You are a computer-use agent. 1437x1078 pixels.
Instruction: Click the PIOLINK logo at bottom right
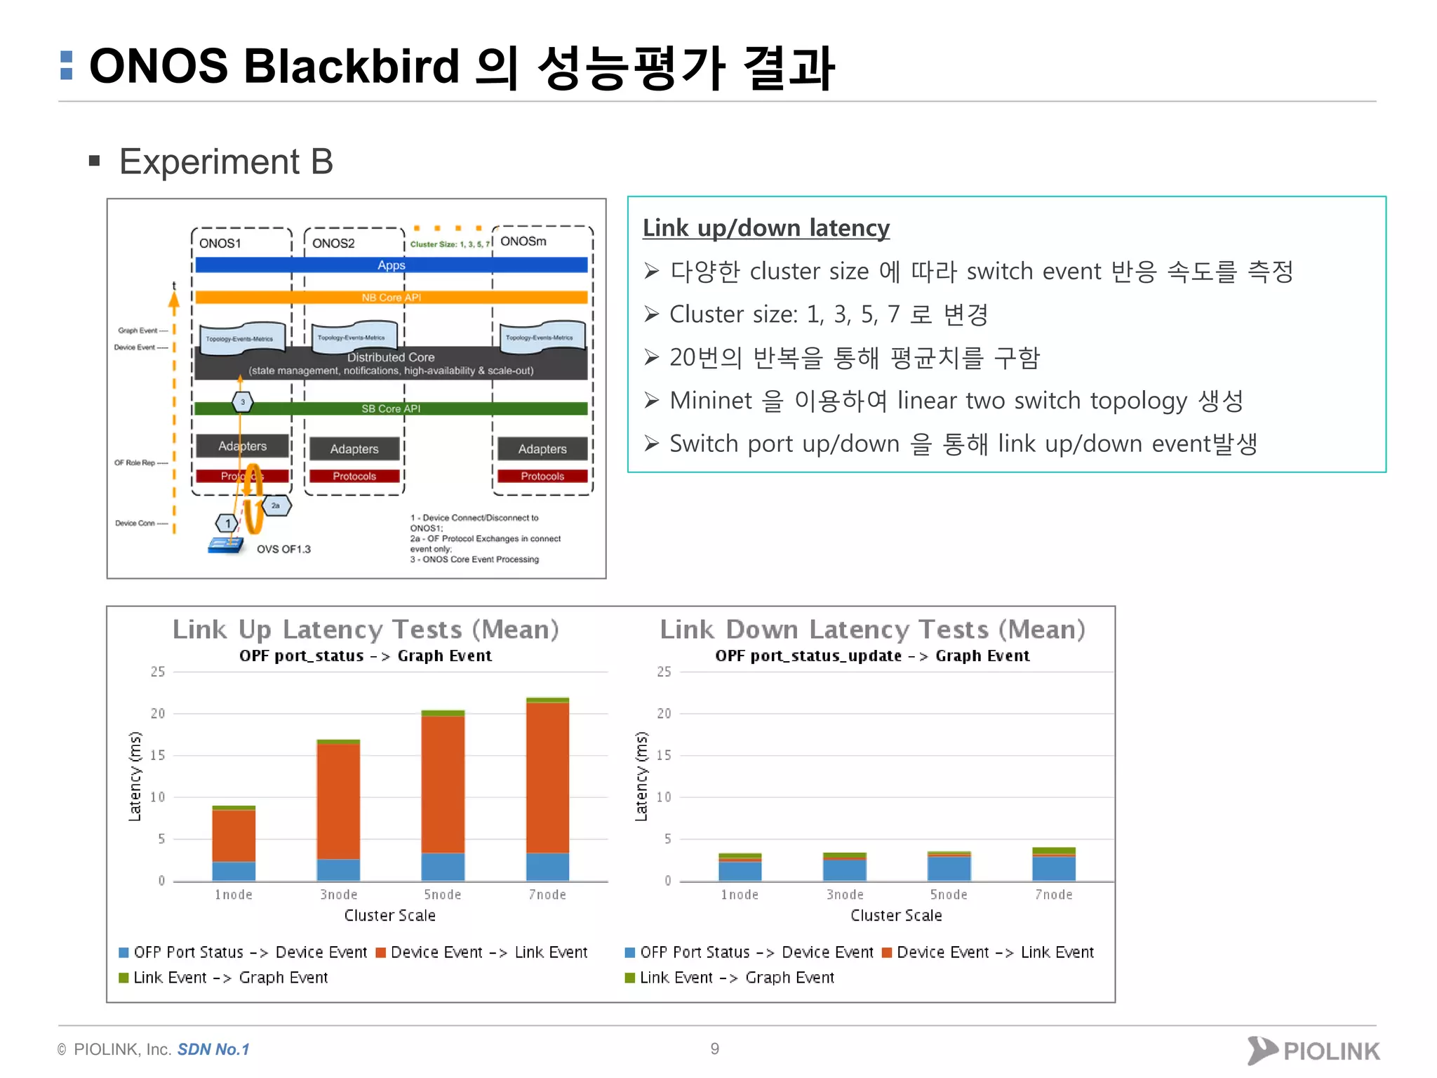[1313, 1050]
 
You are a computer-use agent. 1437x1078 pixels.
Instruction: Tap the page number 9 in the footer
[714, 1049]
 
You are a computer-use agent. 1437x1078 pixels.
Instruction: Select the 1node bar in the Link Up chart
[234, 842]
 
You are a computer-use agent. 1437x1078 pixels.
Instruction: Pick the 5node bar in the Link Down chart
[949, 866]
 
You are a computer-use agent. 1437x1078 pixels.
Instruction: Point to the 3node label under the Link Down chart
[845, 895]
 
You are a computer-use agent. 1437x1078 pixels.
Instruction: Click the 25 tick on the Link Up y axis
[158, 672]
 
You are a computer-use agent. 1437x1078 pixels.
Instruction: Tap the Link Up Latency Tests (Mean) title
[366, 630]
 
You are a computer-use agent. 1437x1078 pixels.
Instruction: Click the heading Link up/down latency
[766, 228]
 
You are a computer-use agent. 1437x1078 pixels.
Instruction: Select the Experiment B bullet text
[226, 162]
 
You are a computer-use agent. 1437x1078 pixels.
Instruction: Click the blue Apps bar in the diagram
[391, 265]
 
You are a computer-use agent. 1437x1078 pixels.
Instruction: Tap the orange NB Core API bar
[391, 298]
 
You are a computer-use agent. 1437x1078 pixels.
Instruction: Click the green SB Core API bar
[391, 408]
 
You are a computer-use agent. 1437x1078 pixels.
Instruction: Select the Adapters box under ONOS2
[354, 449]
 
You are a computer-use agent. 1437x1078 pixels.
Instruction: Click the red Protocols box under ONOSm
[542, 476]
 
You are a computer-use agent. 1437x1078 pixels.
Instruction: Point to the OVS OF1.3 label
[283, 549]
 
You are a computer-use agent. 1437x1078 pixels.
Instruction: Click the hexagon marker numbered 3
[243, 402]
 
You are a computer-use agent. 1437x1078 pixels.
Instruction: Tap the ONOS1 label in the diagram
[220, 244]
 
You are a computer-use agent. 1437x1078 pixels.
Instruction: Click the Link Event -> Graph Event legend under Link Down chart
[737, 978]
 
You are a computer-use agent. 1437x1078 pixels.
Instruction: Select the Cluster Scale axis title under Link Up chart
[389, 915]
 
